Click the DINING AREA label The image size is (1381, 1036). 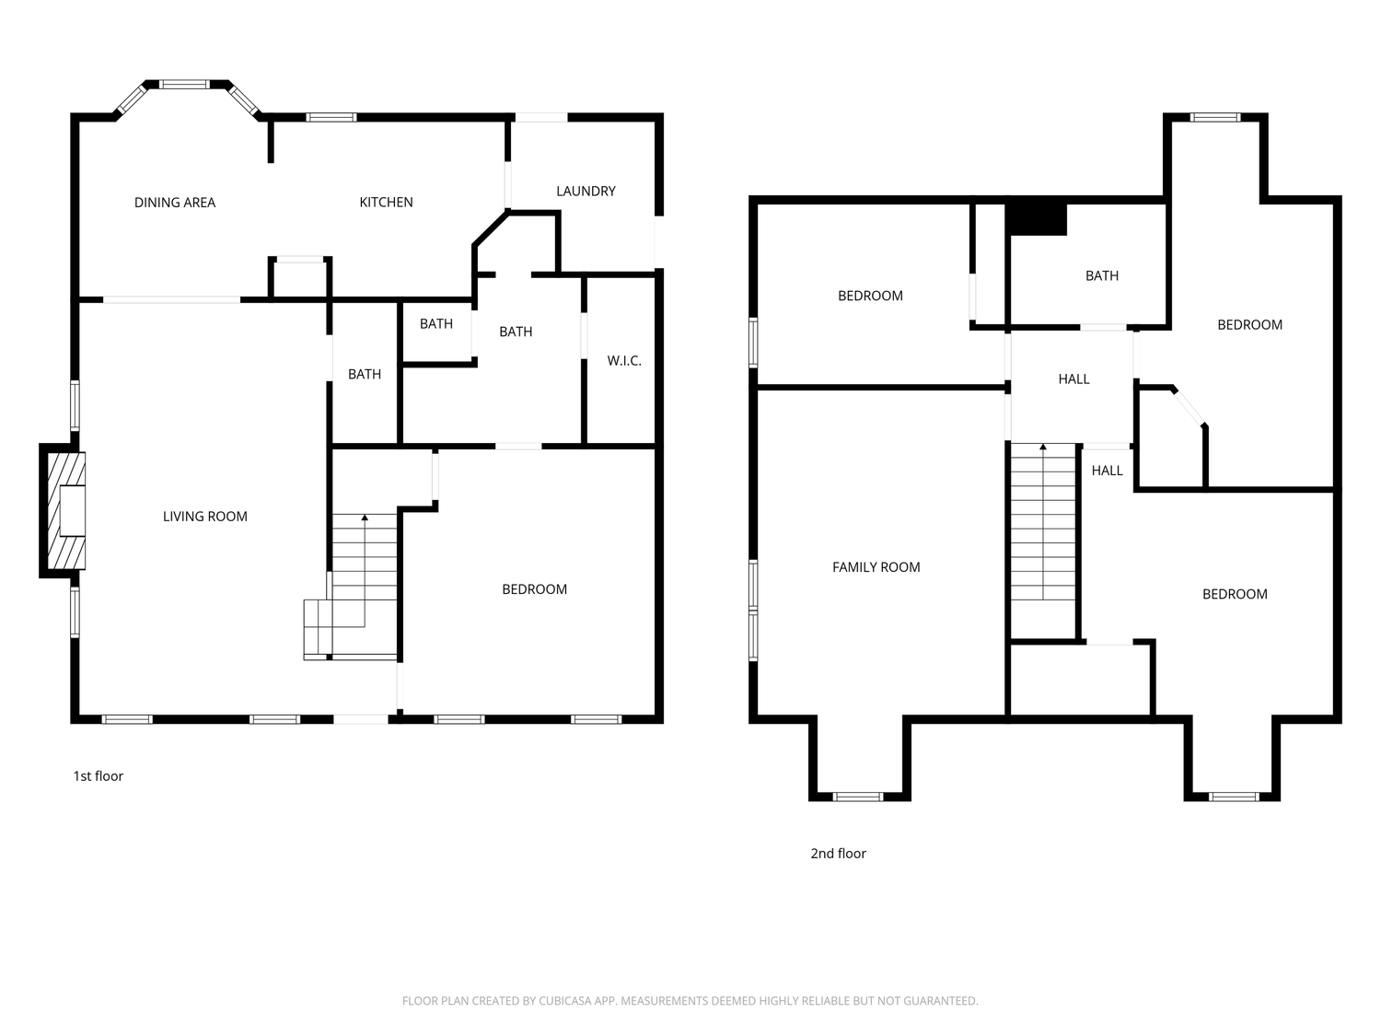175,203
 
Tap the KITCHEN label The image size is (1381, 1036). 386,203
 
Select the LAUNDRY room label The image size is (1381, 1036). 586,192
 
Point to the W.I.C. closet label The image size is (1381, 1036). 624,361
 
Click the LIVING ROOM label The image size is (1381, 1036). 205,517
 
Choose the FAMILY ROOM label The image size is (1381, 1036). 876,567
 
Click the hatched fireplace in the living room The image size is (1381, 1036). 66,511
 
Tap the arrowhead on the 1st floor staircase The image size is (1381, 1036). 365,518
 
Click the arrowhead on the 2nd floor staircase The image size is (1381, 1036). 1042,448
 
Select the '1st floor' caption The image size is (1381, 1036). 99,776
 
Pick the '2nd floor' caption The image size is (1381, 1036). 838,854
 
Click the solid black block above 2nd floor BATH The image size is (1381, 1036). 1037,219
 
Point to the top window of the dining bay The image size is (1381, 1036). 184,85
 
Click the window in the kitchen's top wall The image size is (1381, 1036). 331,118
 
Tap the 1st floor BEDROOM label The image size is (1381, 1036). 534,589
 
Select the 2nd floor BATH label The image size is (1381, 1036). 1102,275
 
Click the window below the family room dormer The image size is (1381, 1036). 857,797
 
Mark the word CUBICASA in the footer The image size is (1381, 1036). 564,1001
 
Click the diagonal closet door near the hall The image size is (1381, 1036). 1189,408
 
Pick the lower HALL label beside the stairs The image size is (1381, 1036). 1107,471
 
